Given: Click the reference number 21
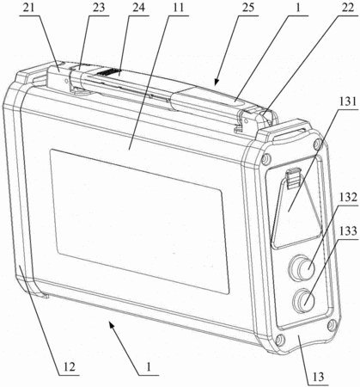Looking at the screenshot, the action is pos(28,8).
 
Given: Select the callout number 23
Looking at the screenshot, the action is pos(98,8).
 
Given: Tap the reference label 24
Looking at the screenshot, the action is pos(138,8).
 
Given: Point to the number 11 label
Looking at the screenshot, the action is pos(178,8).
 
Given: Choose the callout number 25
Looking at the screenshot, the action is pos(247,8).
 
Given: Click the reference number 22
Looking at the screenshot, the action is pos(347,8).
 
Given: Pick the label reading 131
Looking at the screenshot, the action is pos(348,101).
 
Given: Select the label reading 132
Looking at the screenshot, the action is pos(348,198).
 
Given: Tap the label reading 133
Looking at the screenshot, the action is pos(348,230).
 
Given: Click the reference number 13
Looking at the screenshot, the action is pos(318,376).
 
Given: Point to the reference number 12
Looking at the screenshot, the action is pos(70,366).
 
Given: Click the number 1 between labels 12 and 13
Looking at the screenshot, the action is pos(148,366).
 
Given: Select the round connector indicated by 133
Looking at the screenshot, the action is pos(303,301).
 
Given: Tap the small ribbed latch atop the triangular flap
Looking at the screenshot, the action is pos(293,178).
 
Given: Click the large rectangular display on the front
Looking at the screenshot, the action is pos(139,221).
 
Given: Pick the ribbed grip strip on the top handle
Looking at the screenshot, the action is pos(108,72).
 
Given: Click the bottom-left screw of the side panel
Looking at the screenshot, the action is pos(278,341).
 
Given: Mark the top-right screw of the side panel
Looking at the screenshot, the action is pos(317,143).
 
